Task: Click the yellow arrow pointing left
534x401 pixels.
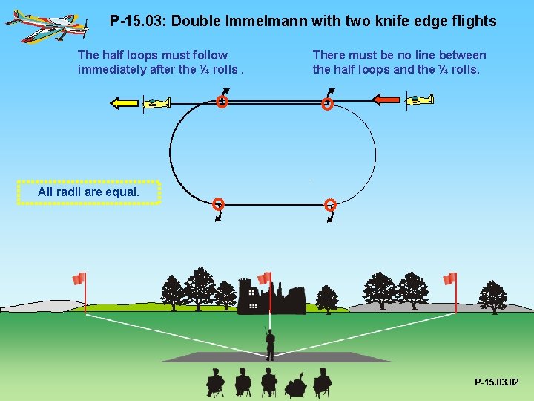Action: click(x=124, y=103)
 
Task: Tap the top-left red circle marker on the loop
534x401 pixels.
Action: click(x=222, y=102)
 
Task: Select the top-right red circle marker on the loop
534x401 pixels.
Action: click(x=327, y=105)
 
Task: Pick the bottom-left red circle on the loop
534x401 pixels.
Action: click(x=218, y=204)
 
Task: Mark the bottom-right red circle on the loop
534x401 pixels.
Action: click(x=331, y=205)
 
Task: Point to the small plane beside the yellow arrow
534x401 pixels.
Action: click(x=157, y=103)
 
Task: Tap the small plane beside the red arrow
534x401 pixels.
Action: click(x=420, y=100)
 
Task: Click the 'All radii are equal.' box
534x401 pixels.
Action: click(x=88, y=192)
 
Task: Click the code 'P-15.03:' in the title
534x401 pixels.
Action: click(x=138, y=21)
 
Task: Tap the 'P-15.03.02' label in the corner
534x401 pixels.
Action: click(x=497, y=382)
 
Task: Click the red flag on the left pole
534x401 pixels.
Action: click(x=79, y=279)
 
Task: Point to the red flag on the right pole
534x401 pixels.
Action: click(x=449, y=278)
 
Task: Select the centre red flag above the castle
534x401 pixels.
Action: click(x=263, y=278)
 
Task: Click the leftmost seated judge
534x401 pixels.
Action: click(x=215, y=382)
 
